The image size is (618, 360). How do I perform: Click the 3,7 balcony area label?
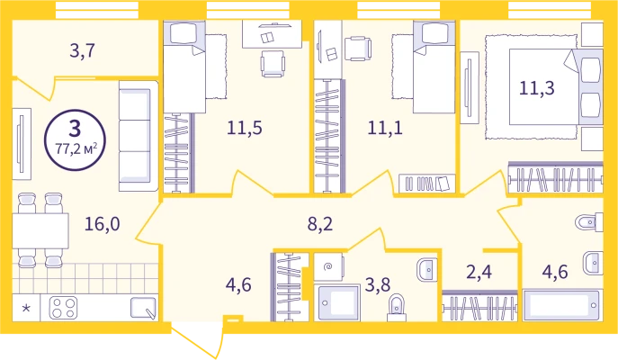point(83,51)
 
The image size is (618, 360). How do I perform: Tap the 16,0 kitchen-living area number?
point(103,224)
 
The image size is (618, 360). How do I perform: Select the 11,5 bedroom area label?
point(245,128)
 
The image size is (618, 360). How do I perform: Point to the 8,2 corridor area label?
point(320,224)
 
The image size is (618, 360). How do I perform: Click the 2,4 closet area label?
point(479,272)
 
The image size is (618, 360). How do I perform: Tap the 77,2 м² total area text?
point(76,149)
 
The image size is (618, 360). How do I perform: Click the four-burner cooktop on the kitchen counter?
point(63,308)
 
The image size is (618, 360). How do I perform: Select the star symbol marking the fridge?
point(26,308)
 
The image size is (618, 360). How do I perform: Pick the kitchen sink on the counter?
point(143,308)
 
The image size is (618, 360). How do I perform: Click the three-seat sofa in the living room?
point(139,136)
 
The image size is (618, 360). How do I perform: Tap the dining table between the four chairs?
point(40,230)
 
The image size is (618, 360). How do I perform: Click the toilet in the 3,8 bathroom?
point(397,308)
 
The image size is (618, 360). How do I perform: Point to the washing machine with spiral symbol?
point(328,267)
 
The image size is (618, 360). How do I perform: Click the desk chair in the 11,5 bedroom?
point(273,64)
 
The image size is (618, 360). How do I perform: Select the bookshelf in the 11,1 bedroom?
point(427,184)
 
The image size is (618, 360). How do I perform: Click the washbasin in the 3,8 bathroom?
point(427,270)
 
